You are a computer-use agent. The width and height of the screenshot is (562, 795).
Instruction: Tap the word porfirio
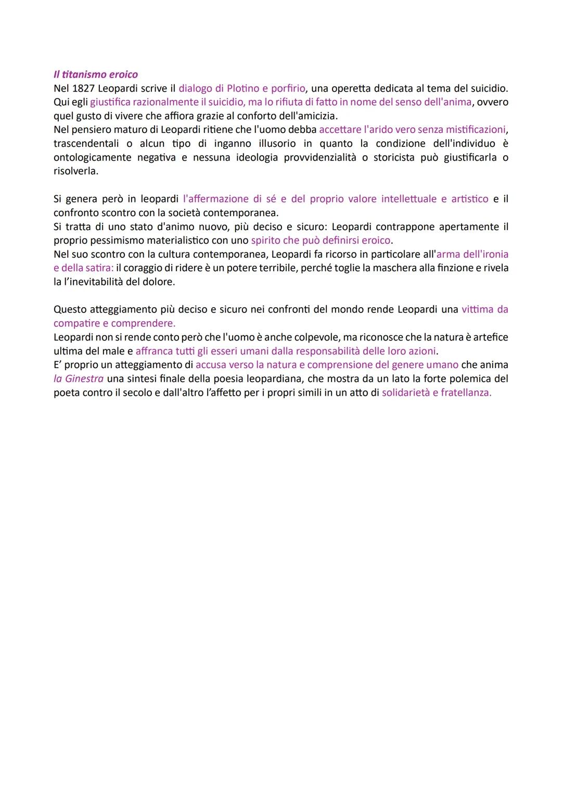288,88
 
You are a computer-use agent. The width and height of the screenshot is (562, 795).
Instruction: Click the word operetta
353,88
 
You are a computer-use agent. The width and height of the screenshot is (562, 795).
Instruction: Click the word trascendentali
86,144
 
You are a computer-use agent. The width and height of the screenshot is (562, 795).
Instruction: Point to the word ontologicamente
92,157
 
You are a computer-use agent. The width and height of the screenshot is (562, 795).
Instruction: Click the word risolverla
75,171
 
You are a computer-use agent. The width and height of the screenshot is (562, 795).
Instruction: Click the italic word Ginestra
84,379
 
